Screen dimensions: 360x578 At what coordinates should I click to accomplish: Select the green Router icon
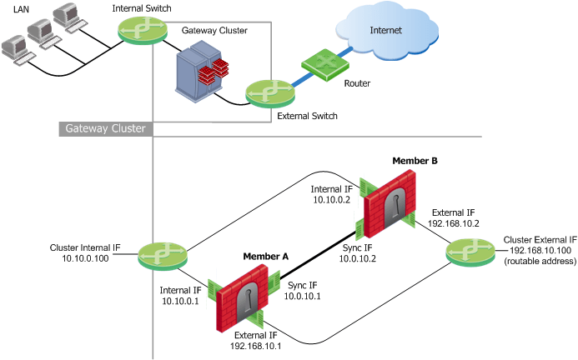coord(319,63)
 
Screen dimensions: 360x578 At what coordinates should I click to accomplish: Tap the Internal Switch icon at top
coord(137,31)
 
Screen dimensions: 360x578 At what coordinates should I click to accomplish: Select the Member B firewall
coord(389,202)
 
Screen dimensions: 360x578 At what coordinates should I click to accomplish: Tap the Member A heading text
coord(265,256)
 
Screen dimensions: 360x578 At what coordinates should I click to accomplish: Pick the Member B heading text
coord(415,160)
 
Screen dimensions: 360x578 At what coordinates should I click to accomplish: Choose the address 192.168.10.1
coord(255,344)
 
